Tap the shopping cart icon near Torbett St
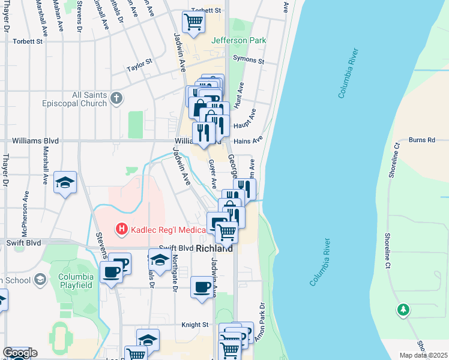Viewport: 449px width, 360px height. click(x=194, y=22)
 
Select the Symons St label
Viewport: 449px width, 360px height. click(x=249, y=61)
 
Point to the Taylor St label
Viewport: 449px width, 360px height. click(x=139, y=65)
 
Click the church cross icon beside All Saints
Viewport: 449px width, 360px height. click(x=117, y=97)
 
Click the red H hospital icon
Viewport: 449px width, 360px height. click(x=121, y=229)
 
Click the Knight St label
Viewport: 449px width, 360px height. click(x=195, y=325)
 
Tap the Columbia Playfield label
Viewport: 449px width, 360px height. click(x=76, y=281)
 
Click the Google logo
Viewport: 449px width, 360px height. click(x=20, y=353)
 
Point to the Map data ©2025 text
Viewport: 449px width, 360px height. click(x=424, y=355)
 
